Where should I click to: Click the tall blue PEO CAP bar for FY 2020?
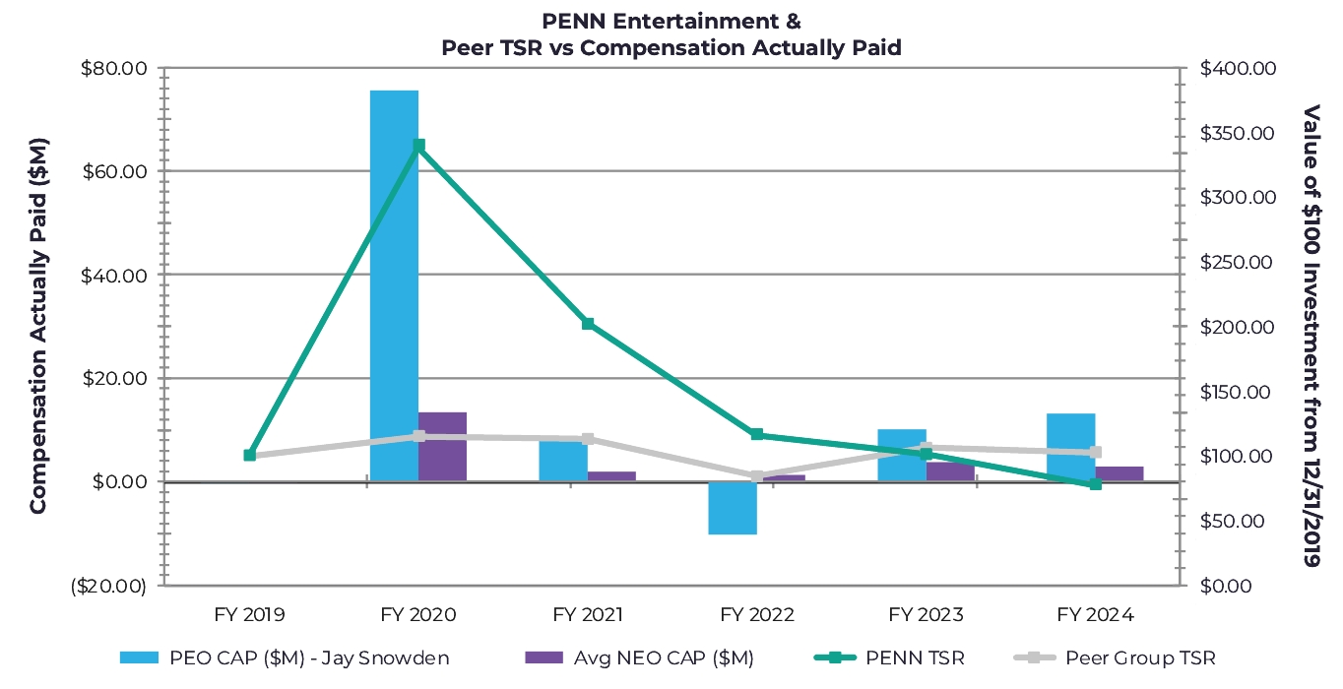[394, 285]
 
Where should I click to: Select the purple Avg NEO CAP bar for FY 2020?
[442, 447]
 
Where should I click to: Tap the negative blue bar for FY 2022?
[733, 508]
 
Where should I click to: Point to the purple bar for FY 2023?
[950, 471]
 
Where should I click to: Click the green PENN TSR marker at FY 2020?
[418, 146]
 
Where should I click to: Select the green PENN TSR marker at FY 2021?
[588, 324]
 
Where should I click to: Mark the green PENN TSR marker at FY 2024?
[1095, 484]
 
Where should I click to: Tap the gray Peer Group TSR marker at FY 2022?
[757, 476]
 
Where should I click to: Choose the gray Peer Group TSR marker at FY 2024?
[1095, 453]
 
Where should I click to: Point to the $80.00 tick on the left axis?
[111, 69]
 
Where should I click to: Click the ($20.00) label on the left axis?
[109, 587]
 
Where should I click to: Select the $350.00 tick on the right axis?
[1238, 133]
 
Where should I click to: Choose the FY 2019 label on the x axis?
[249, 615]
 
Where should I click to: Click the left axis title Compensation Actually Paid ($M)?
[37, 325]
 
